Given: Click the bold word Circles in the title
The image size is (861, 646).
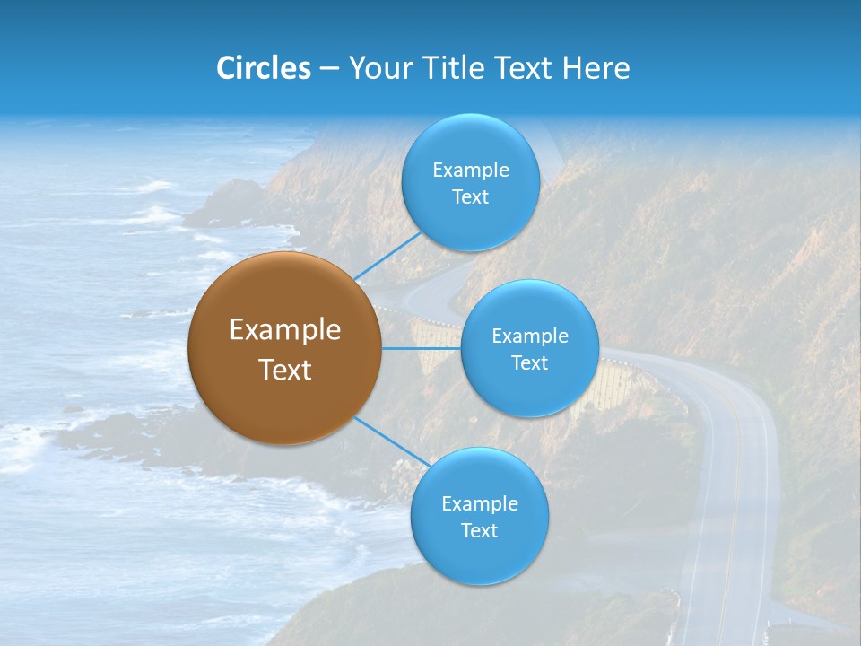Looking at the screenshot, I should [263, 68].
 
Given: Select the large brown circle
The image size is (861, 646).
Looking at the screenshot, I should [284, 348].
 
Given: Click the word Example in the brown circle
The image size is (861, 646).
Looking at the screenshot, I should [284, 330].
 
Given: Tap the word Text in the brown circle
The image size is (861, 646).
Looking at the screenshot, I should [284, 370].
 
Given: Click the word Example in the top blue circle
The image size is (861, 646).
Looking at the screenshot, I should [470, 170].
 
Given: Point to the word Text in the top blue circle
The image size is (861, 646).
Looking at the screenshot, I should [470, 197].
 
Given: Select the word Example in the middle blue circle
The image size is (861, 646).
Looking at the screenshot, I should [529, 336].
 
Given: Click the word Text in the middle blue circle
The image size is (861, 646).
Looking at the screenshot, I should [529, 363].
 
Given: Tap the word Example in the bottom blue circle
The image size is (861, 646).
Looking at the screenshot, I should [479, 504].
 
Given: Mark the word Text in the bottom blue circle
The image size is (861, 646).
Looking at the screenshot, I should [479, 531].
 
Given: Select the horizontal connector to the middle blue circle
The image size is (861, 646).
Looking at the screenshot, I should [422, 348].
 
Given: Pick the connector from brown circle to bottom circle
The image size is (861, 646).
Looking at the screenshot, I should [391, 441].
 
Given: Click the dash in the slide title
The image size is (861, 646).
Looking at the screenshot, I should [328, 69].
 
